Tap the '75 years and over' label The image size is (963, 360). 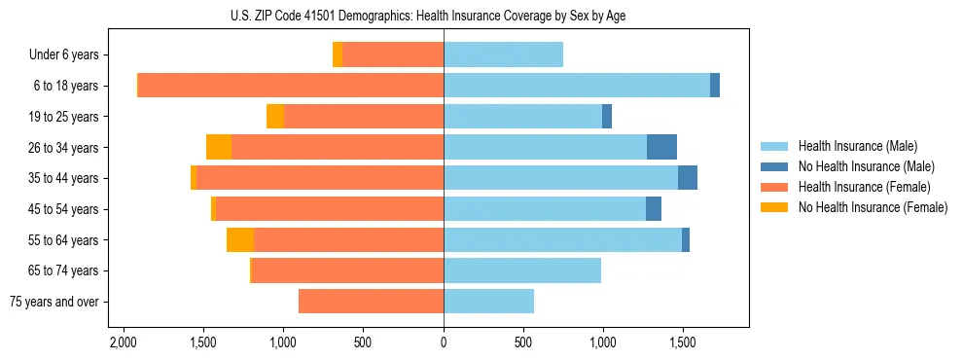(54, 302)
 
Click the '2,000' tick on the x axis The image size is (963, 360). (123, 342)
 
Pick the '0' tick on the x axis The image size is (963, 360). (444, 342)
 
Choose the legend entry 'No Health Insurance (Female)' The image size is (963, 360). (873, 207)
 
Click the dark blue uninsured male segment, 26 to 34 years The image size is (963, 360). (661, 147)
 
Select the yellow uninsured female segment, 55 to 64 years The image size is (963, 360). (240, 239)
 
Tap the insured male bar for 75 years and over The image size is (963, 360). (488, 302)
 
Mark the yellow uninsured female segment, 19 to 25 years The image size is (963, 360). (275, 117)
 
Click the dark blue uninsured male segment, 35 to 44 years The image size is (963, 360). (688, 178)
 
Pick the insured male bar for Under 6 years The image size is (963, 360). (503, 55)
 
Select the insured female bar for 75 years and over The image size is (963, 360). (371, 302)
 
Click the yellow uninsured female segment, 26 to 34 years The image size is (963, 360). (219, 147)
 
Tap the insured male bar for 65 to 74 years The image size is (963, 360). (522, 270)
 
